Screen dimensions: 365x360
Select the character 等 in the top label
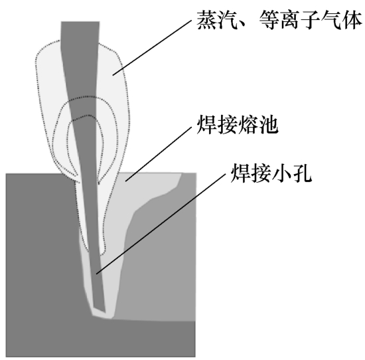[268, 21]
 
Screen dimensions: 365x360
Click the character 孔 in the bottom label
[302, 173]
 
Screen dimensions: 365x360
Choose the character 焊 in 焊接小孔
[240, 173]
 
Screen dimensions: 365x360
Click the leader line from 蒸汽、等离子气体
[152, 47]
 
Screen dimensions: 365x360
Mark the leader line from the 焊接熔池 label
[159, 154]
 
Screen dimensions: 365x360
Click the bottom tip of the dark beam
[105, 312]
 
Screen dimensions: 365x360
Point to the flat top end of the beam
[80, 22]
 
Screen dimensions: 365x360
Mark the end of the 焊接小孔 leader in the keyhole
[96, 274]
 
